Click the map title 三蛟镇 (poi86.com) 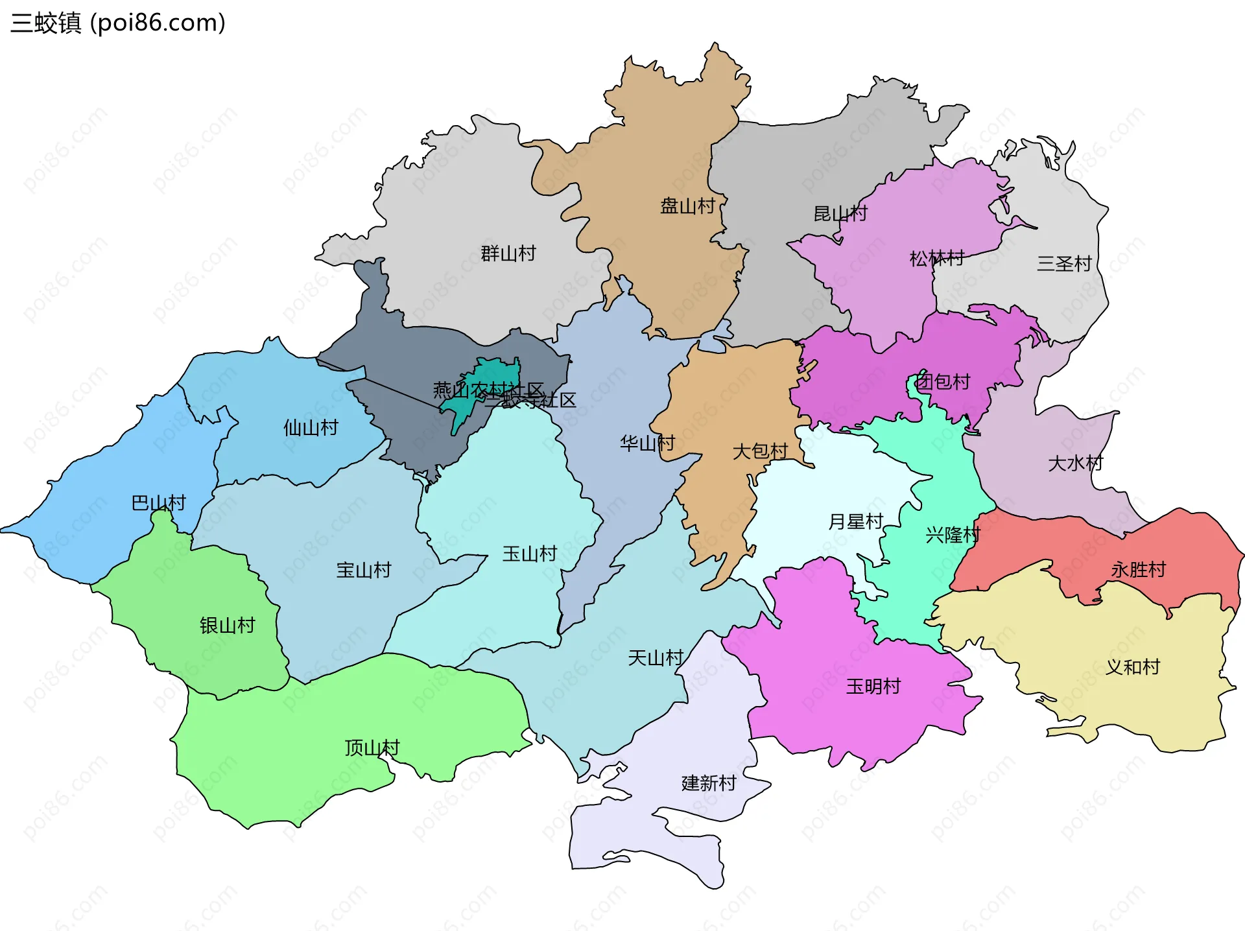(118, 23)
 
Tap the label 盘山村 (687, 206)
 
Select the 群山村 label (508, 253)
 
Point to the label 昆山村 (840, 213)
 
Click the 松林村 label (937, 259)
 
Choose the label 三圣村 (1065, 264)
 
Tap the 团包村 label (943, 381)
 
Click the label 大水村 (1075, 463)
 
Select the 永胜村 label (1139, 570)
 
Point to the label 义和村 (1132, 667)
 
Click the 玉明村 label (873, 686)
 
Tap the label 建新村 (709, 783)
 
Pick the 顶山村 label (372, 748)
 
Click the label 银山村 (228, 626)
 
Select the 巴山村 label (159, 502)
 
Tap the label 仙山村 (311, 428)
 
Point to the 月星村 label (856, 521)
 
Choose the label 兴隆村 (953, 535)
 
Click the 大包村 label (760, 451)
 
